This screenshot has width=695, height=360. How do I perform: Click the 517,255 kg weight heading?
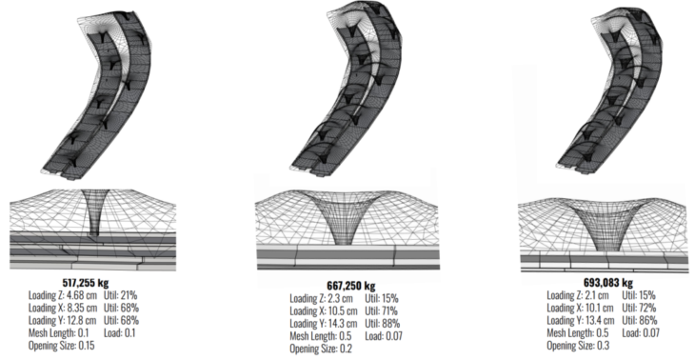pos(86,283)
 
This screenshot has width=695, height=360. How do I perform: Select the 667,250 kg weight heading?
pos(351,287)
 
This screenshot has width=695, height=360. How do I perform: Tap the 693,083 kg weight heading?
pos(608,283)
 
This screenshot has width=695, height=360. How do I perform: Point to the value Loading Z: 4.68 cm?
pos(63,295)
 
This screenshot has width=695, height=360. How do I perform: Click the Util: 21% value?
pos(121,295)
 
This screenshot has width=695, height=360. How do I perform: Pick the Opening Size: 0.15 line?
pos(62,346)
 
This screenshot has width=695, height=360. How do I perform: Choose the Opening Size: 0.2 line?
pos(321,349)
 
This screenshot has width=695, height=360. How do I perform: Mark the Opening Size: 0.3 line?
pos(578,345)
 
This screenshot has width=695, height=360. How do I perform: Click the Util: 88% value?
pos(383,324)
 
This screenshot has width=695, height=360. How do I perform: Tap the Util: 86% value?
pos(640,320)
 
